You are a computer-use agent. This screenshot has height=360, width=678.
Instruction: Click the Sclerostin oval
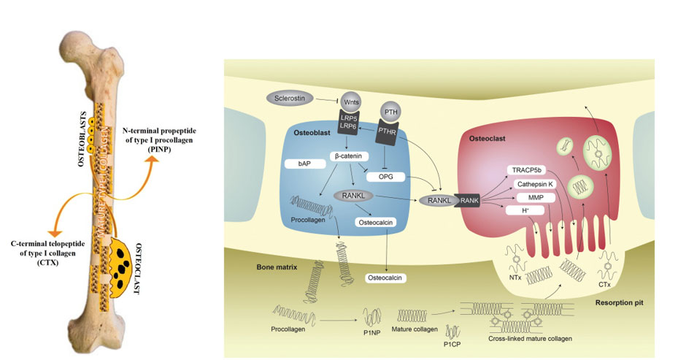(x=289, y=98)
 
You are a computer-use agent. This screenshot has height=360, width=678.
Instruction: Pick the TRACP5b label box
(x=526, y=170)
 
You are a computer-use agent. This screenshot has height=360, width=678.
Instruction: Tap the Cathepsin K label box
(x=533, y=184)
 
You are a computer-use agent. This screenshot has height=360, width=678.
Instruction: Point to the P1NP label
(x=373, y=332)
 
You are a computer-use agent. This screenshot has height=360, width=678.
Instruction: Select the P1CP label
(x=452, y=342)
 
